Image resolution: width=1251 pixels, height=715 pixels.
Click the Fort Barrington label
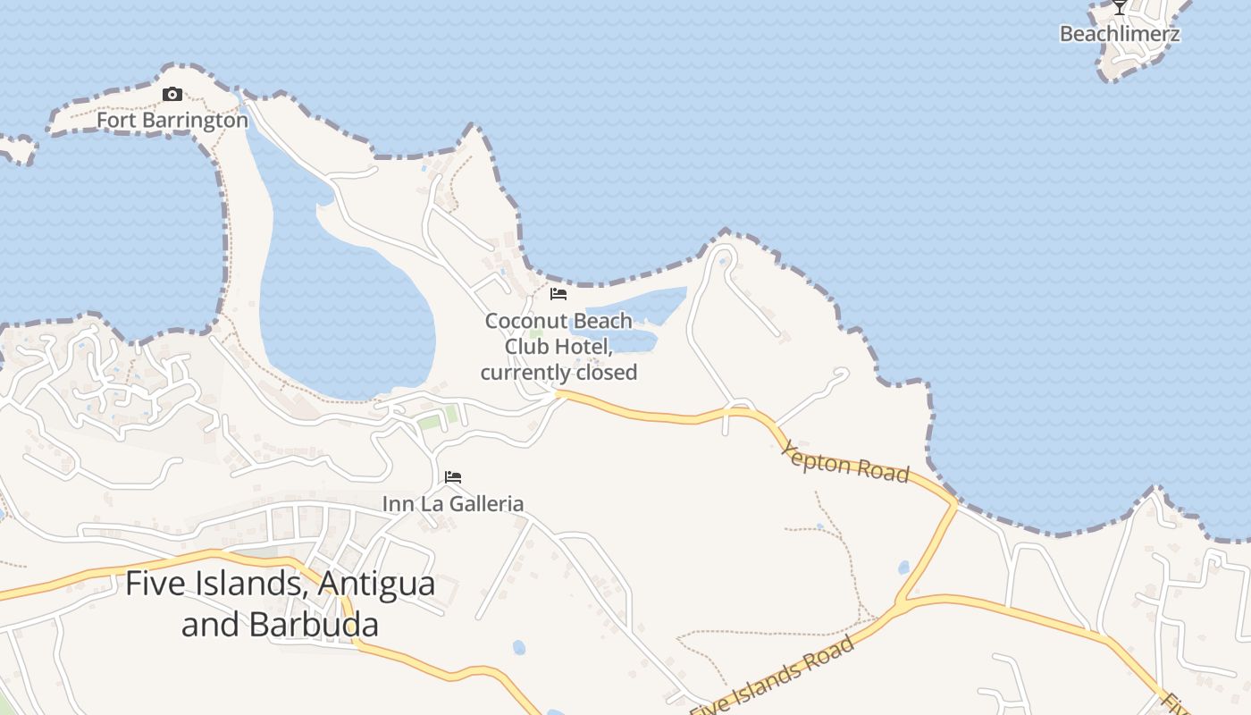(172, 120)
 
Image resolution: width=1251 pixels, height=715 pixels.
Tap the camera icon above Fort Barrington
(172, 95)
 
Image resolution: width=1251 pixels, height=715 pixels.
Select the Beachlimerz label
(1120, 34)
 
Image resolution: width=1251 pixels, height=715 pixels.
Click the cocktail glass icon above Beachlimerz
(1120, 7)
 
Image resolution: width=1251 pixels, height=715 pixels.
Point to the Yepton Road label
(845, 461)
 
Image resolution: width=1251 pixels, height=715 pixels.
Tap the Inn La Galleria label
(453, 504)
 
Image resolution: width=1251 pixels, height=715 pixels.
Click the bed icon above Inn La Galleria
(453, 477)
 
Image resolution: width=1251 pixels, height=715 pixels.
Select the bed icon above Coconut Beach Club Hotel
(558, 294)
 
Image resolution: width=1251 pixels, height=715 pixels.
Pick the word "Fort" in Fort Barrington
(114, 120)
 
